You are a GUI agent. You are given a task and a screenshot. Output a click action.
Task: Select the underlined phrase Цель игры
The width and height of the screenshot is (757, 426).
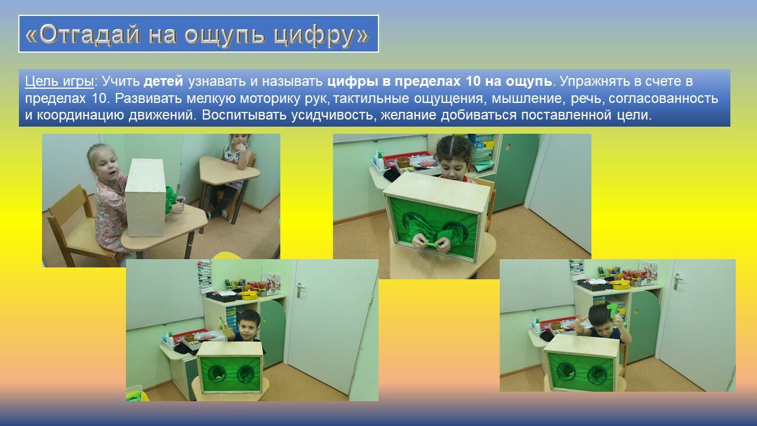pos(59,82)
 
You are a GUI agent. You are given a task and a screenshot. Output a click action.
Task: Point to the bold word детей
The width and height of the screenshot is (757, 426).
pos(163,81)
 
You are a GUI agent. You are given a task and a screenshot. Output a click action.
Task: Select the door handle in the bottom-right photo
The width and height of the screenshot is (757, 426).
pos(677,281)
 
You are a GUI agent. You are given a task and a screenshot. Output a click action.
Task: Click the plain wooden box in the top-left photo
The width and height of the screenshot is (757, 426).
pos(145,198)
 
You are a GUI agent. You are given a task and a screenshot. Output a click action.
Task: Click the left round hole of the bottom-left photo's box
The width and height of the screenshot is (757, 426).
pos(216,373)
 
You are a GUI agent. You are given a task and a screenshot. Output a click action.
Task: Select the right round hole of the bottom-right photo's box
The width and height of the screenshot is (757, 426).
pos(597,376)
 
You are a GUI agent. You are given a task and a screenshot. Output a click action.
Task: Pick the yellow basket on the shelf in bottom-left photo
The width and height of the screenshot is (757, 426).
pos(248,295)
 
